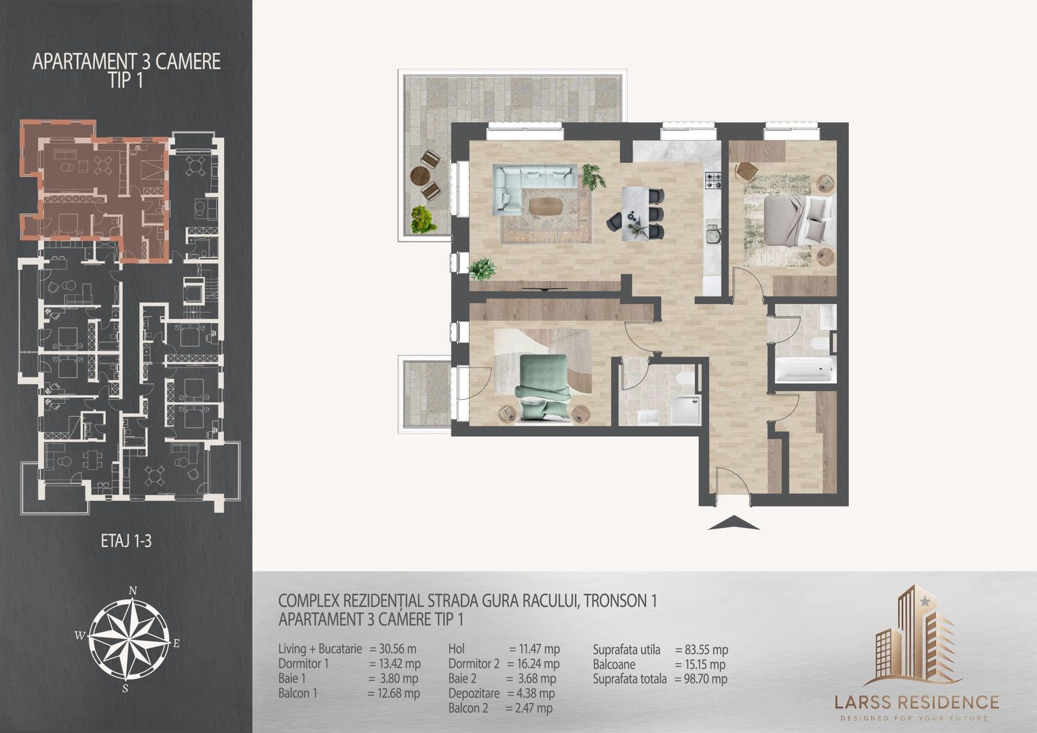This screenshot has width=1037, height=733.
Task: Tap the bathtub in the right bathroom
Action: (804, 371)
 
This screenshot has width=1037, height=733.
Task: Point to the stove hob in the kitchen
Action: (715, 181)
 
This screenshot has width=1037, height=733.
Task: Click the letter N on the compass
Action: (134, 590)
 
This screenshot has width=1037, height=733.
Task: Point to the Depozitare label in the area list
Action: (474, 694)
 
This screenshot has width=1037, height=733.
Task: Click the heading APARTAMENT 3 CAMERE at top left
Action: (126, 62)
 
